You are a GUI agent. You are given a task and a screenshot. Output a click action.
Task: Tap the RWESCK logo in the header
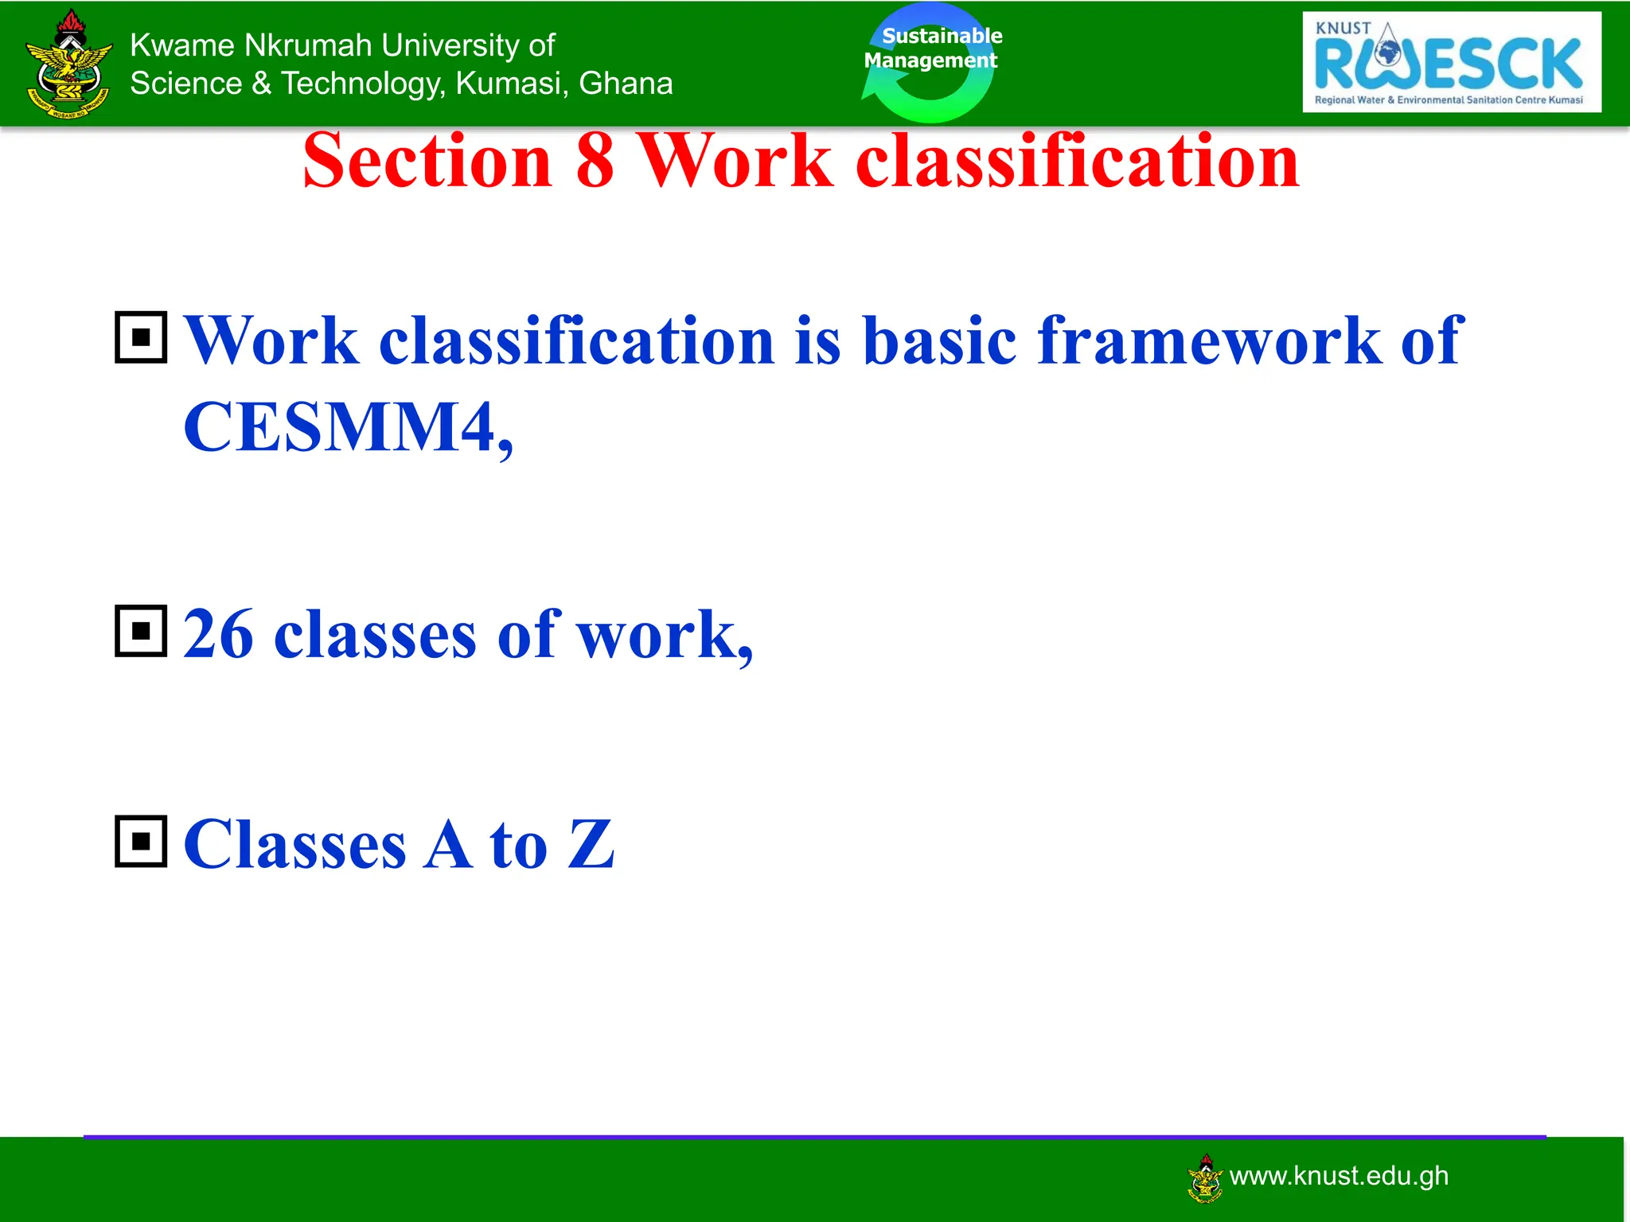[1451, 62]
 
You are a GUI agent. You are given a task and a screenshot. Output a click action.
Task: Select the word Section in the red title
[427, 162]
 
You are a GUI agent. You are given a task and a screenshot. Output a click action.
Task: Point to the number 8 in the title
[595, 162]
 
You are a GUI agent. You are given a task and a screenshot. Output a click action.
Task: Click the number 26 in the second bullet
[218, 635]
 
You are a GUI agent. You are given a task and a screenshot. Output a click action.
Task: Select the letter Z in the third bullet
[591, 845]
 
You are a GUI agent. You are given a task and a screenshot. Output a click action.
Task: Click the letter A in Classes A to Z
[448, 845]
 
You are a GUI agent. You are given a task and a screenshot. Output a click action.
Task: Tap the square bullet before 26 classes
[141, 631]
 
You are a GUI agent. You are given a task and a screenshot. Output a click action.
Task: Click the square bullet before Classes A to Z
[141, 841]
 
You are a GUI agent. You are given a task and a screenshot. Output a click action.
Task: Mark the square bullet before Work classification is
[141, 337]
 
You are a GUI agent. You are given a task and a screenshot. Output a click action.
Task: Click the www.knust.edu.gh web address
[1339, 1176]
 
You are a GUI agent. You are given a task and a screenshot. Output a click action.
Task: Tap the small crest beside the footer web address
[1205, 1178]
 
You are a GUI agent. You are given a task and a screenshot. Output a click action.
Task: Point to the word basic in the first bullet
[939, 341]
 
